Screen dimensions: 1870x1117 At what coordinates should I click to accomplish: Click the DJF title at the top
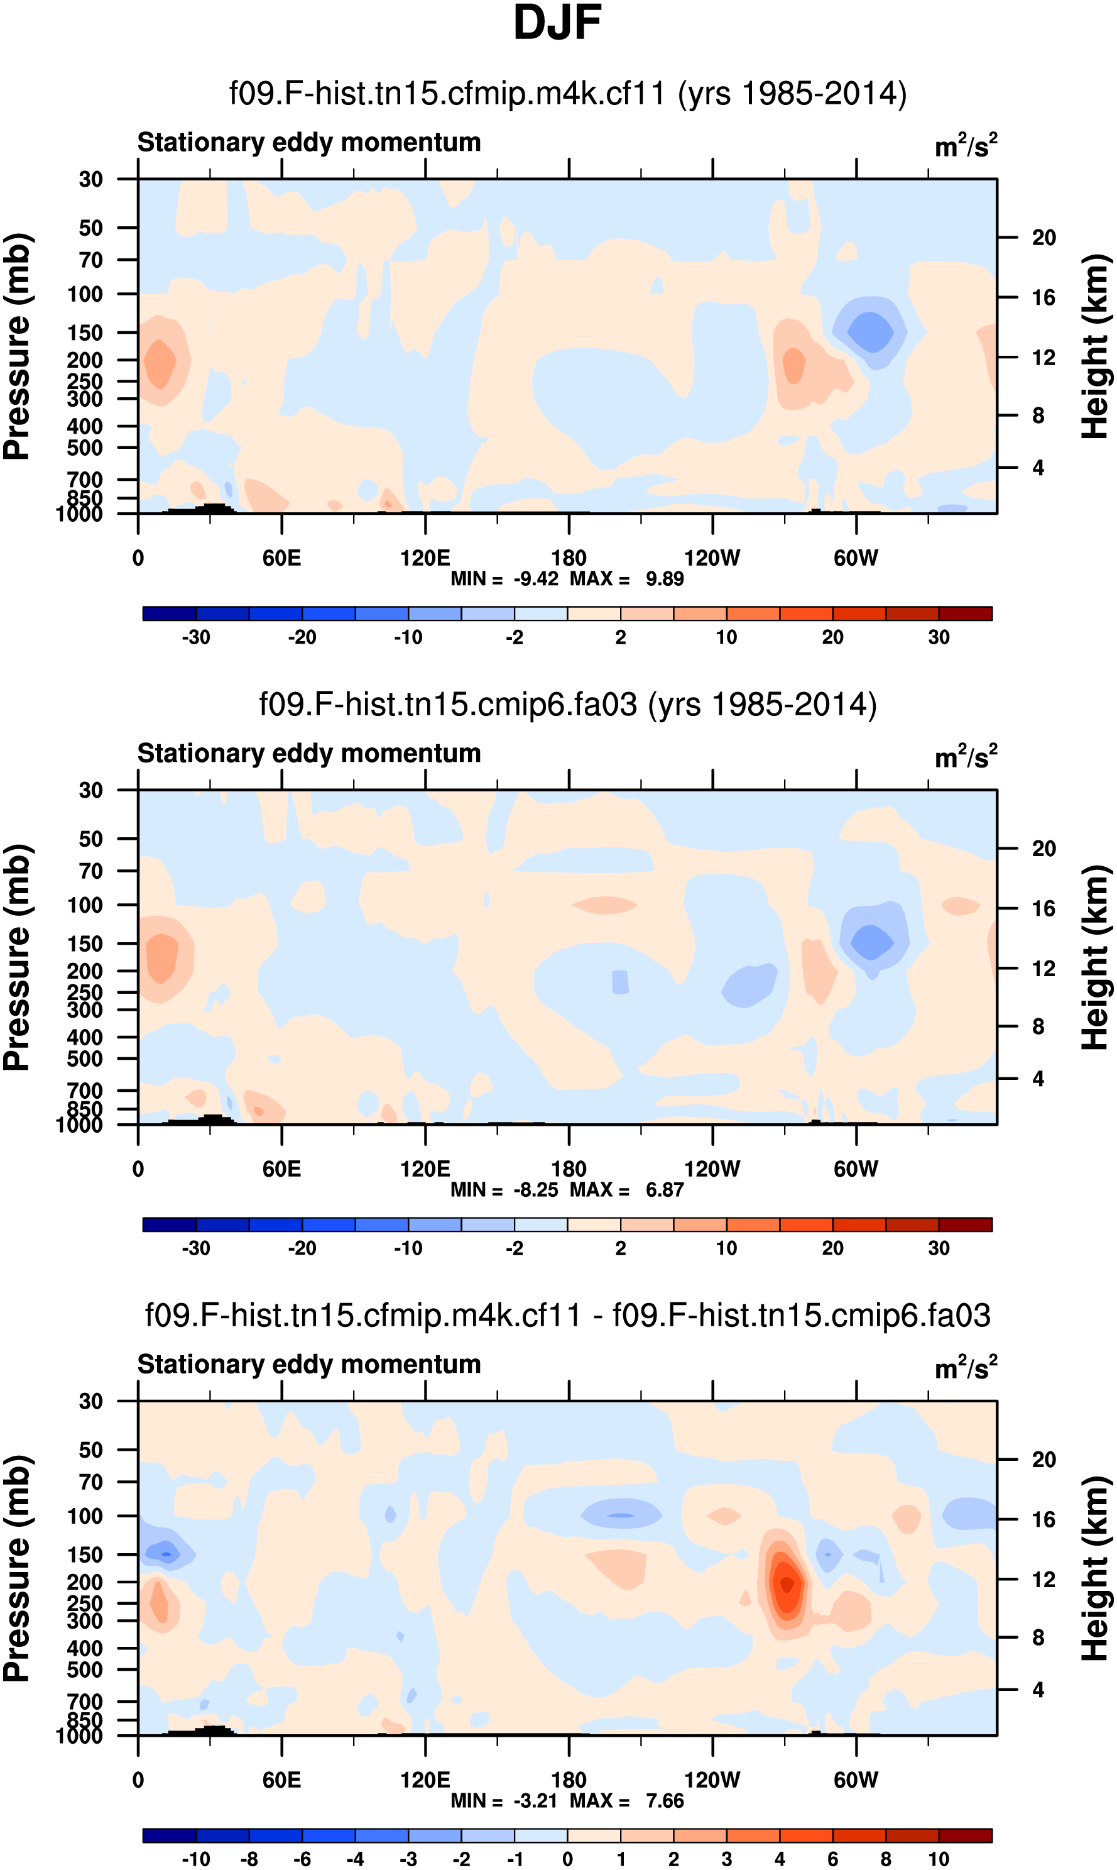click(557, 23)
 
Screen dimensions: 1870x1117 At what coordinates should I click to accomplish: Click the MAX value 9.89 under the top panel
click(664, 579)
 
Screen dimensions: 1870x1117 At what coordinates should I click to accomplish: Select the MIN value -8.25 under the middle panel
click(535, 1190)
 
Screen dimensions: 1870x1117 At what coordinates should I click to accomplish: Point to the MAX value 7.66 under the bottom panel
click(664, 1801)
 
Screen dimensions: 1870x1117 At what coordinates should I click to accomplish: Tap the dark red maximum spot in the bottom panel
click(787, 1584)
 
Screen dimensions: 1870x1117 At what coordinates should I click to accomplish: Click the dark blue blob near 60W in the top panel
click(871, 331)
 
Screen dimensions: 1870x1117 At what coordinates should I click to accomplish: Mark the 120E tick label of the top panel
click(425, 558)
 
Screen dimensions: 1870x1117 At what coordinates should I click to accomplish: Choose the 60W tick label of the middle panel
click(856, 1169)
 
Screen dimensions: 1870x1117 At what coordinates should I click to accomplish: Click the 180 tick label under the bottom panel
click(569, 1779)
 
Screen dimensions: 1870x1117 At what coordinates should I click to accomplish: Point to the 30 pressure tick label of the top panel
click(90, 179)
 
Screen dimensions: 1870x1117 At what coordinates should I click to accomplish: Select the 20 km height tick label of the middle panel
click(1043, 849)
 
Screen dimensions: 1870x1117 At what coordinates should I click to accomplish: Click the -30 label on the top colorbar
click(196, 637)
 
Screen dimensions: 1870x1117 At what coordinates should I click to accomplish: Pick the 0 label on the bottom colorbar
click(567, 1859)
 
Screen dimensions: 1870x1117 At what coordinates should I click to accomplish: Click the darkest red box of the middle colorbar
click(965, 1224)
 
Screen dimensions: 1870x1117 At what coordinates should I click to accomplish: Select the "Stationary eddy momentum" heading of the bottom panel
click(308, 1364)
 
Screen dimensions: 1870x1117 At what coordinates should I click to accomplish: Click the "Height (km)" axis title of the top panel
click(1095, 346)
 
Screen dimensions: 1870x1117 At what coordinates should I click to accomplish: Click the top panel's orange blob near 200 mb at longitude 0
click(160, 363)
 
